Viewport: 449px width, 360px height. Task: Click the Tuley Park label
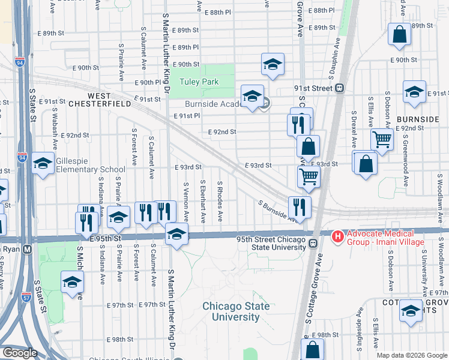pyautogui.click(x=202, y=82)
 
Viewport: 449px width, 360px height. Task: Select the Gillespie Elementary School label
pyautogui.click(x=91, y=166)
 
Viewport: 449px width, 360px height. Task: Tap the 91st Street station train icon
pyautogui.click(x=340, y=88)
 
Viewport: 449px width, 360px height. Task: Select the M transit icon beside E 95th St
pyautogui.click(x=26, y=253)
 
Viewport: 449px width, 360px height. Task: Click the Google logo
pyautogui.click(x=20, y=353)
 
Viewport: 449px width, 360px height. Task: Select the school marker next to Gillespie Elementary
pyautogui.click(x=43, y=163)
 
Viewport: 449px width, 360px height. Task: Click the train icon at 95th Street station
pyautogui.click(x=313, y=243)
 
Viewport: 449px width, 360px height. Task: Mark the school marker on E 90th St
pyautogui.click(x=273, y=64)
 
